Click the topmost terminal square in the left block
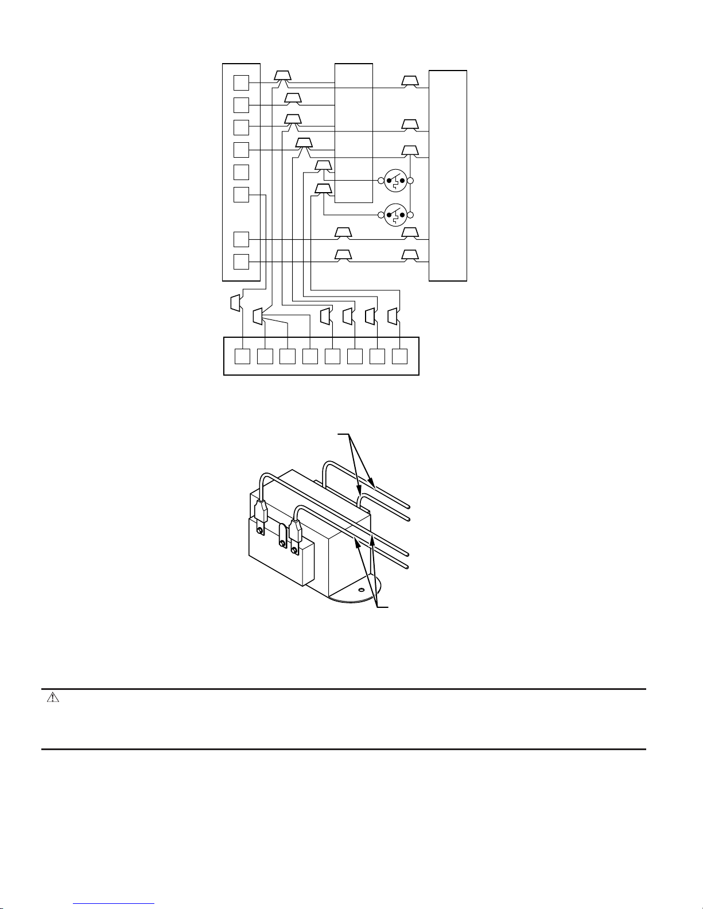coord(241,83)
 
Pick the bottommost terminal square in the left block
coord(241,262)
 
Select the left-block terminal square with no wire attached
coord(241,172)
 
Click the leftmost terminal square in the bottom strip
coord(243,356)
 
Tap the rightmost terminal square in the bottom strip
coord(399,356)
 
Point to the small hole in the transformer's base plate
coord(361,589)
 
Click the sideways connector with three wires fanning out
coord(258,316)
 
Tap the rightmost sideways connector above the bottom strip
coord(393,316)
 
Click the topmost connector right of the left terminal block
coord(282,76)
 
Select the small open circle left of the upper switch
coord(380,181)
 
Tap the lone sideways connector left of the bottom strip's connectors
coord(235,302)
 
